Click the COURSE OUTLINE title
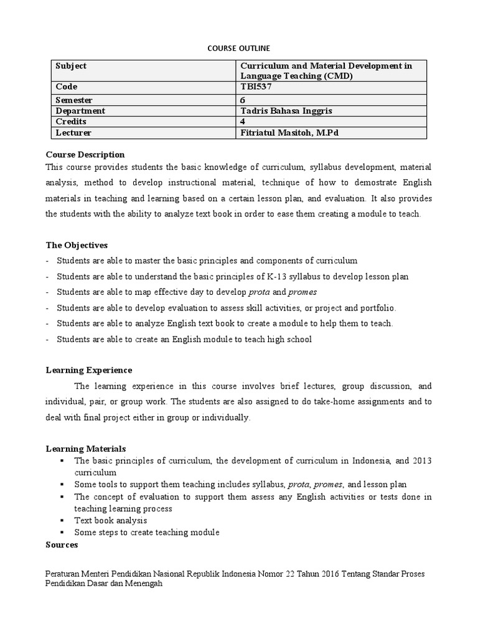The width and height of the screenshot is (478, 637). coord(238,47)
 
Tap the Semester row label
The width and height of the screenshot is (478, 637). coord(74,100)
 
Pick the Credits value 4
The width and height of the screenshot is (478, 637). coord(243,122)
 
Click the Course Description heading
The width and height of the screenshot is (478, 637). coord(85,154)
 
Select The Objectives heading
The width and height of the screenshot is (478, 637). coord(77,245)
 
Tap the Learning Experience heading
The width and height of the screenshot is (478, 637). coord(89,370)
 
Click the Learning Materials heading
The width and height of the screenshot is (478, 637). coord(86,449)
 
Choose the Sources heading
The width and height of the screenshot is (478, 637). coord(62,545)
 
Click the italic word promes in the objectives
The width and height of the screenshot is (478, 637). coord(303,292)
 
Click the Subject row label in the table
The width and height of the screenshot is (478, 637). coord(71,66)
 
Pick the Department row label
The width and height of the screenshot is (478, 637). coord(80,111)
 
